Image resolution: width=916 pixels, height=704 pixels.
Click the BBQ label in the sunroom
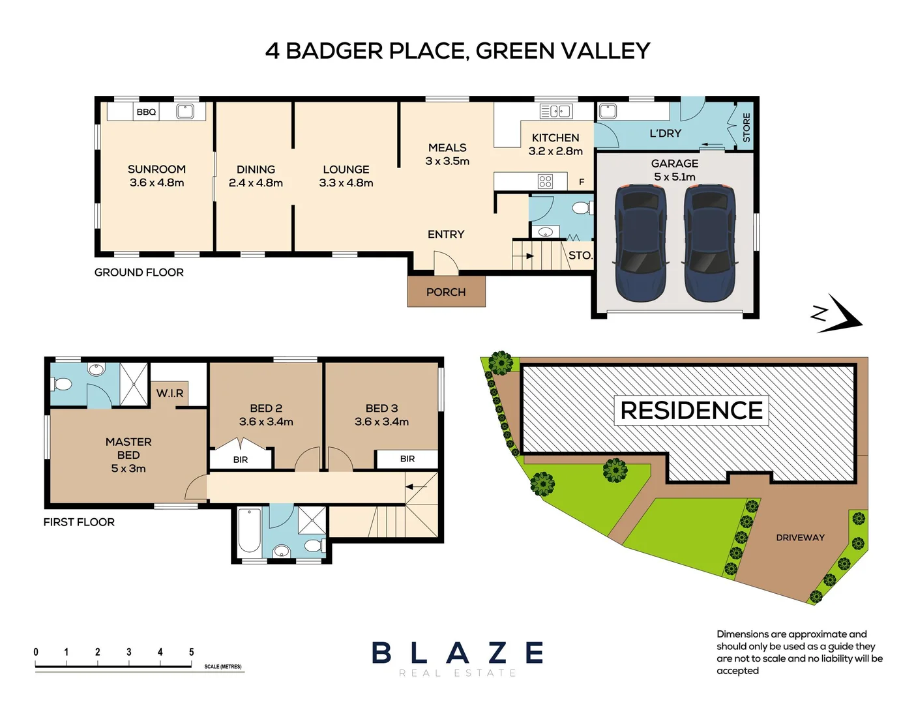tap(146, 112)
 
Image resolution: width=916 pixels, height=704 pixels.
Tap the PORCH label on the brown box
tap(446, 292)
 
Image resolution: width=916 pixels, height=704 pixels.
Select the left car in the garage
tap(641, 243)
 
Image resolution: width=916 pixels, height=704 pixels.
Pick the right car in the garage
tap(710, 243)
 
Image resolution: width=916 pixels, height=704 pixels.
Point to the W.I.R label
tap(170, 393)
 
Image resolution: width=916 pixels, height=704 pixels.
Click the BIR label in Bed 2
tap(241, 460)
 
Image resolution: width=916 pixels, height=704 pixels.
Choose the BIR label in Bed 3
tap(407, 459)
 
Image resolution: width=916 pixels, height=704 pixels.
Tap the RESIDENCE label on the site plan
tap(691, 411)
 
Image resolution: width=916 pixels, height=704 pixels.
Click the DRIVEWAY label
tap(800, 538)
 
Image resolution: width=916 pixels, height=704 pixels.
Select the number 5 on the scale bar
tap(191, 652)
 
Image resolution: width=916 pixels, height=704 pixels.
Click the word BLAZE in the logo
tap(458, 653)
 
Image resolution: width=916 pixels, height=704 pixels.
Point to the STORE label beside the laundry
tap(746, 127)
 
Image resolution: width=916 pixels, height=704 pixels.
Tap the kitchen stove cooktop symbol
tap(545, 181)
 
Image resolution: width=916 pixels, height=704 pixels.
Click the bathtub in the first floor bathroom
tap(249, 531)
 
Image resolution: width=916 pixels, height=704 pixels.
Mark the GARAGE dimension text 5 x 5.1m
tap(675, 177)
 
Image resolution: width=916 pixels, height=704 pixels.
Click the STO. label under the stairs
tap(580, 256)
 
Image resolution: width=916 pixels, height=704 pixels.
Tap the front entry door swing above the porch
tap(446, 263)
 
